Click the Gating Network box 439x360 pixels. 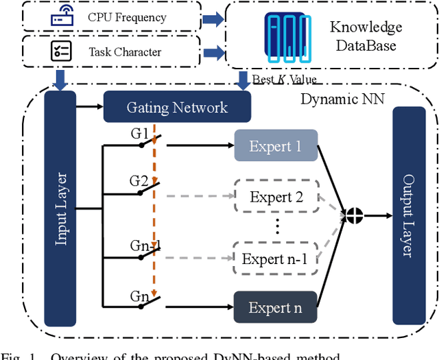177,107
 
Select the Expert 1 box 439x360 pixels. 275,146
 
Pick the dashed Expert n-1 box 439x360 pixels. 275,259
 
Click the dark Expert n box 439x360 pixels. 275,308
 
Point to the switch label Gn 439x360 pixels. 139,296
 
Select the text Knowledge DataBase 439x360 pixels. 366,37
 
